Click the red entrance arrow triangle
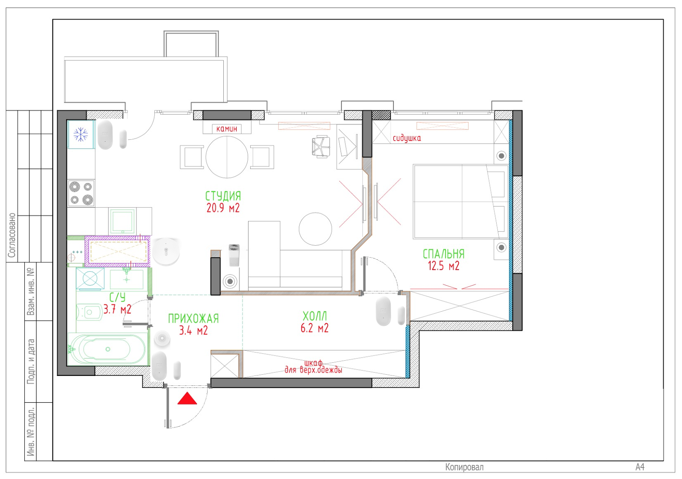[x=187, y=399]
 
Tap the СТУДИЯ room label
[x=223, y=196]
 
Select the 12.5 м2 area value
[x=443, y=266]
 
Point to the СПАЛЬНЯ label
[x=444, y=254]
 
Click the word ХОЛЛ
[x=315, y=316]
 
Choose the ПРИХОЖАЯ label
[x=194, y=318]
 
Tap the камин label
[x=226, y=129]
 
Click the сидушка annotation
[x=407, y=138]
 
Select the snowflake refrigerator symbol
[x=81, y=135]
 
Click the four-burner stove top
[x=81, y=193]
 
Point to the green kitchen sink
[x=122, y=221]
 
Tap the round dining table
[x=227, y=157]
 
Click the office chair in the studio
[x=321, y=146]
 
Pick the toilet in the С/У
[x=89, y=312]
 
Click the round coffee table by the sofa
[x=315, y=229]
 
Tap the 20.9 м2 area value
[x=223, y=208]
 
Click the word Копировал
[x=464, y=467]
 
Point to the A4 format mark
[x=640, y=467]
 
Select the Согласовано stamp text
[x=12, y=235]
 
